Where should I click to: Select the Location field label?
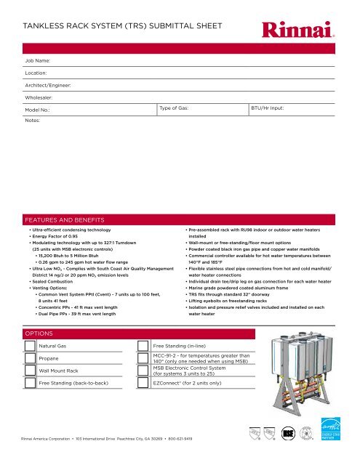tap(36, 73)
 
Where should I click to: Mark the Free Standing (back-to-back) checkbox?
tap(30, 383)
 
